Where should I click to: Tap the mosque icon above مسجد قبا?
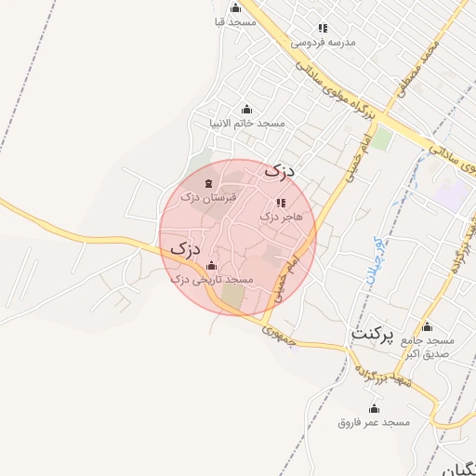[x=235, y=8]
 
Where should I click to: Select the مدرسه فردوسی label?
[x=324, y=42]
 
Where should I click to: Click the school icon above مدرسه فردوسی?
[x=323, y=29]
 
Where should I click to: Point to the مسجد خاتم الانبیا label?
[x=246, y=123]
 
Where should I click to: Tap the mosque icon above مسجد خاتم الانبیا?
[x=246, y=110]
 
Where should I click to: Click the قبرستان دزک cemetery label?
[x=208, y=197]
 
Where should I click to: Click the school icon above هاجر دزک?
[x=281, y=203]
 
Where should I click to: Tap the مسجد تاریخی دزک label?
[x=213, y=278]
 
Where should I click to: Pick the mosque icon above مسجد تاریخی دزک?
[x=212, y=265]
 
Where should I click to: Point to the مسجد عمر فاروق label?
[x=374, y=422]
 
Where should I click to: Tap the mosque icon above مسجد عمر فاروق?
[x=375, y=409]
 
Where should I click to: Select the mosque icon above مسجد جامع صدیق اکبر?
[x=427, y=327]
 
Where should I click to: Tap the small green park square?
[x=383, y=139]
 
